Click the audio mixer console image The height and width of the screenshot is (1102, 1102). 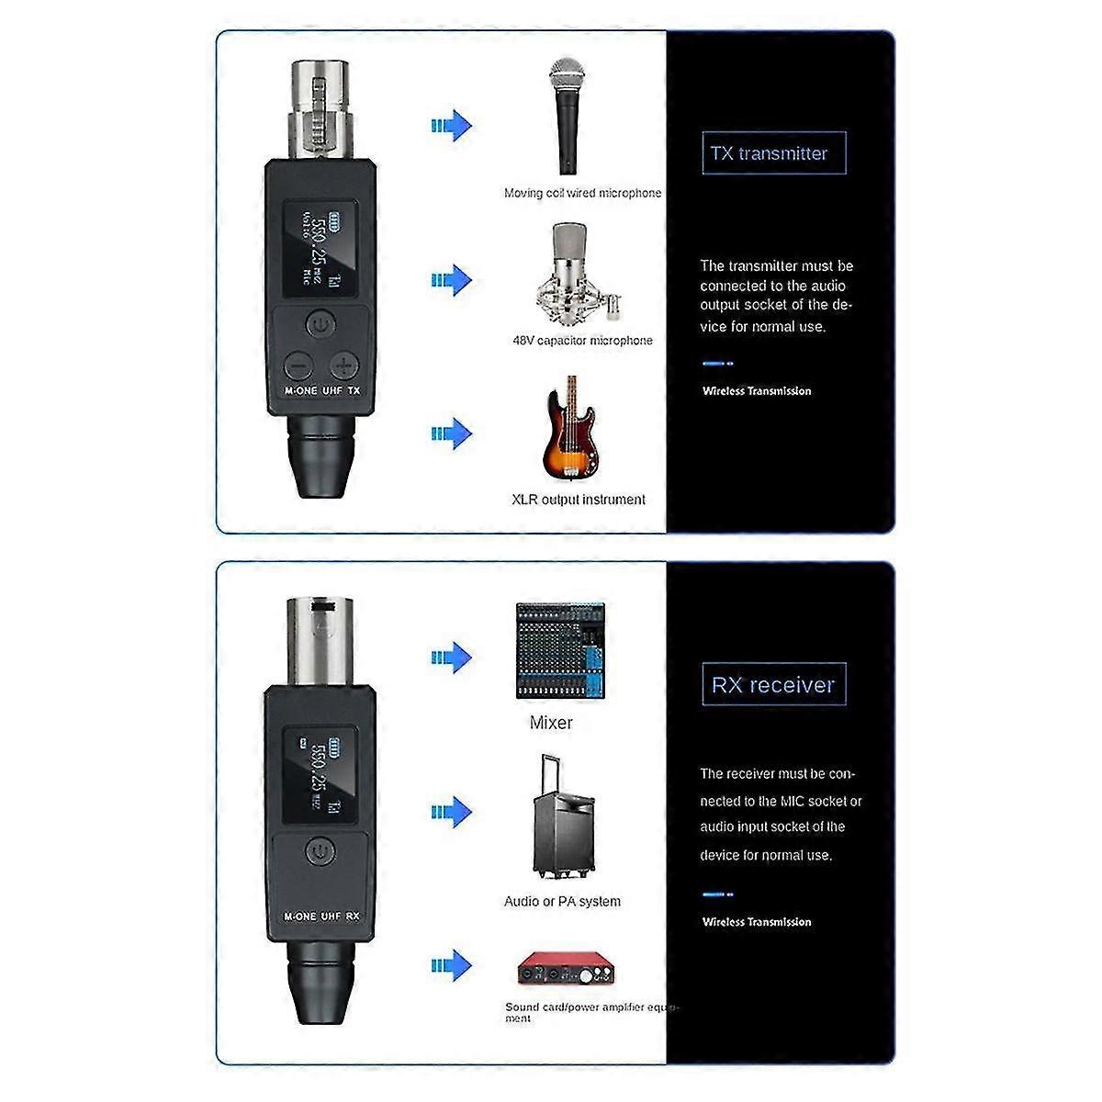tap(560, 651)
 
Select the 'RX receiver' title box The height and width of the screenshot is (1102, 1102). tap(773, 685)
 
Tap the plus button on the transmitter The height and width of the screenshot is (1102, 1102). tap(343, 365)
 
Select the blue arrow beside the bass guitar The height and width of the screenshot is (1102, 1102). tap(451, 433)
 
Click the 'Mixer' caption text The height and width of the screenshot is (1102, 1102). tap(551, 723)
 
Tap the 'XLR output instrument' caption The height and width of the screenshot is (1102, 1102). tap(579, 500)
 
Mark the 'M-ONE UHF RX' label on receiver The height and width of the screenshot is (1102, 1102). tap(321, 916)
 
